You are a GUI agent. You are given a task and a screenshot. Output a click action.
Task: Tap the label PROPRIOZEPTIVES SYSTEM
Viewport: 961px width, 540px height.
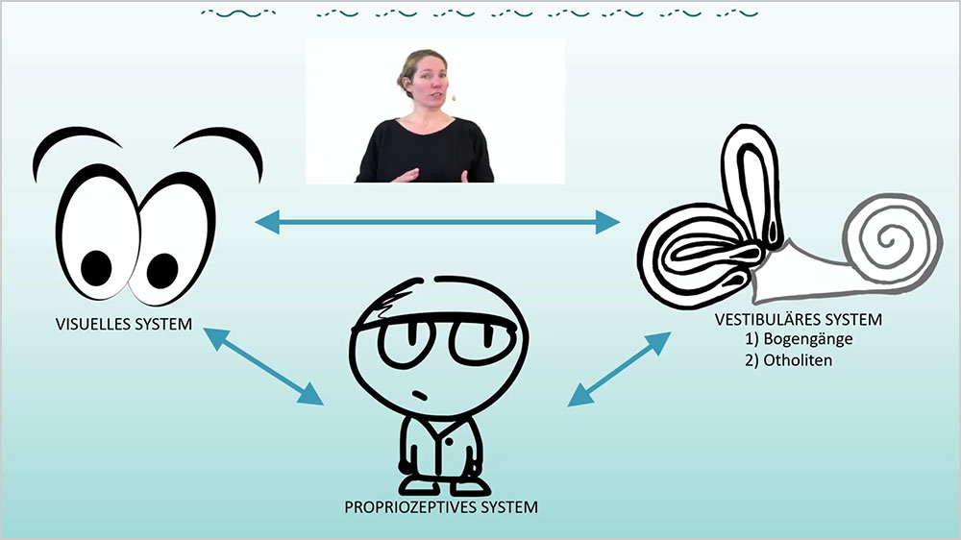(x=441, y=505)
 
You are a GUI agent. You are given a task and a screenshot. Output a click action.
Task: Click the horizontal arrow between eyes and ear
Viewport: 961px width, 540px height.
(x=438, y=223)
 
